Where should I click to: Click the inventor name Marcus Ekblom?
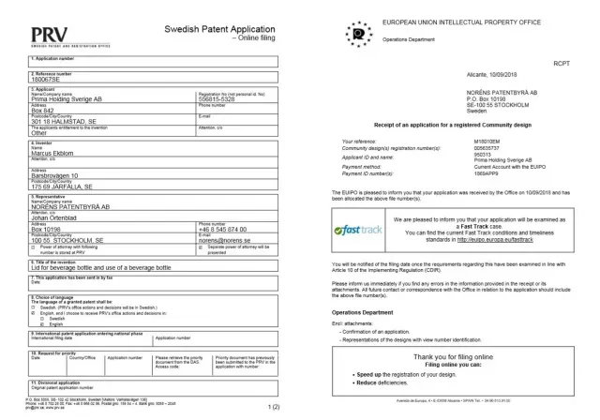tap(31, 149)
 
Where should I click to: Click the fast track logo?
tap(350, 229)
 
